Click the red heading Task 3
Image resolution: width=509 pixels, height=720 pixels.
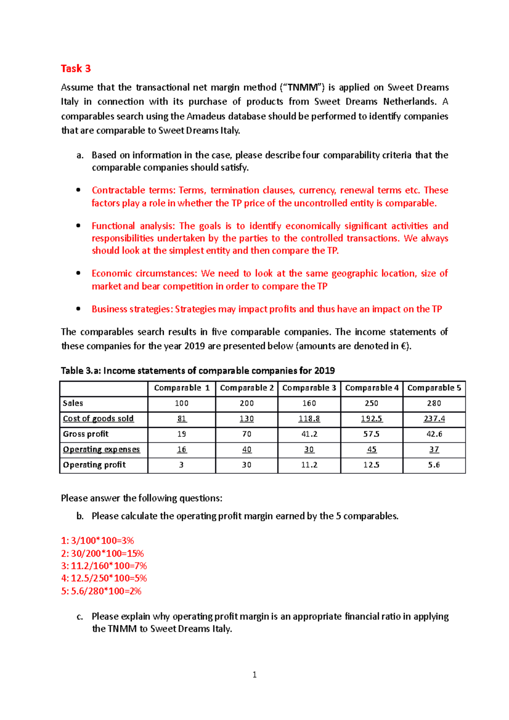76,69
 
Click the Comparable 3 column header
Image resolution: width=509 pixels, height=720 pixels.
309,388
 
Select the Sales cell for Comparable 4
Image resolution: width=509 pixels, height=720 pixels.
371,403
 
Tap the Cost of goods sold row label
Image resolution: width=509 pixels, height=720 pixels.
98,419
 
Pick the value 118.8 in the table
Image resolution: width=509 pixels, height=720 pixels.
309,419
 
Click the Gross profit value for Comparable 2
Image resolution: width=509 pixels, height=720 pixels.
246,434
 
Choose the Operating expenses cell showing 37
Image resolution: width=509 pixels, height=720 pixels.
434,449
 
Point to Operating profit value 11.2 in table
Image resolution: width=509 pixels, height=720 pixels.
309,465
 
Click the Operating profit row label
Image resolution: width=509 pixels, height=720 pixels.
94,465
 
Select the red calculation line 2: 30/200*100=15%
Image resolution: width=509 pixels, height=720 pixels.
102,553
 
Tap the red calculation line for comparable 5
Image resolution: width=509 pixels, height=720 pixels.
101,591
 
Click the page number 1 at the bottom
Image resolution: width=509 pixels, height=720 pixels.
255,675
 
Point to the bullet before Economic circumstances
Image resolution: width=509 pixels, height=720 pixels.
78,273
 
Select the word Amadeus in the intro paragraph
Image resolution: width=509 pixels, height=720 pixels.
206,116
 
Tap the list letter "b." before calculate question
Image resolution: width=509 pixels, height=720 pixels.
80,516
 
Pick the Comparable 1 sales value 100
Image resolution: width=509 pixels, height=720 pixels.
182,403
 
